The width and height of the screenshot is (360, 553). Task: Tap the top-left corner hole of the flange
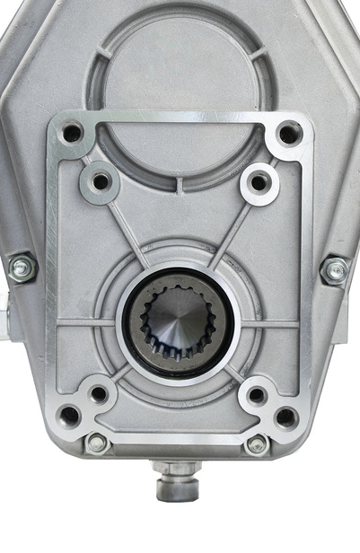point(73,134)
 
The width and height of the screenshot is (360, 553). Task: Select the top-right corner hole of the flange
point(289,134)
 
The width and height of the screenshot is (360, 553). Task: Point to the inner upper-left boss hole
point(101,181)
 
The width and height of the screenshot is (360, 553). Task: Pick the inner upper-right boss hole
point(259,181)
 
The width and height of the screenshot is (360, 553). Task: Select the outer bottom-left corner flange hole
point(69,416)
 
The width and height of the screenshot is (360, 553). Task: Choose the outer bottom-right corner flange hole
point(285,417)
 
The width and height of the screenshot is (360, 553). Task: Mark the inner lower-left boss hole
point(99,393)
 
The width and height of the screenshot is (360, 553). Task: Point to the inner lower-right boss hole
point(257,394)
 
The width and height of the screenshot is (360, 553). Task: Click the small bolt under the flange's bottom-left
point(96,443)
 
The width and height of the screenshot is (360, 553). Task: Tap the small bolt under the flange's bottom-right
point(257,443)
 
